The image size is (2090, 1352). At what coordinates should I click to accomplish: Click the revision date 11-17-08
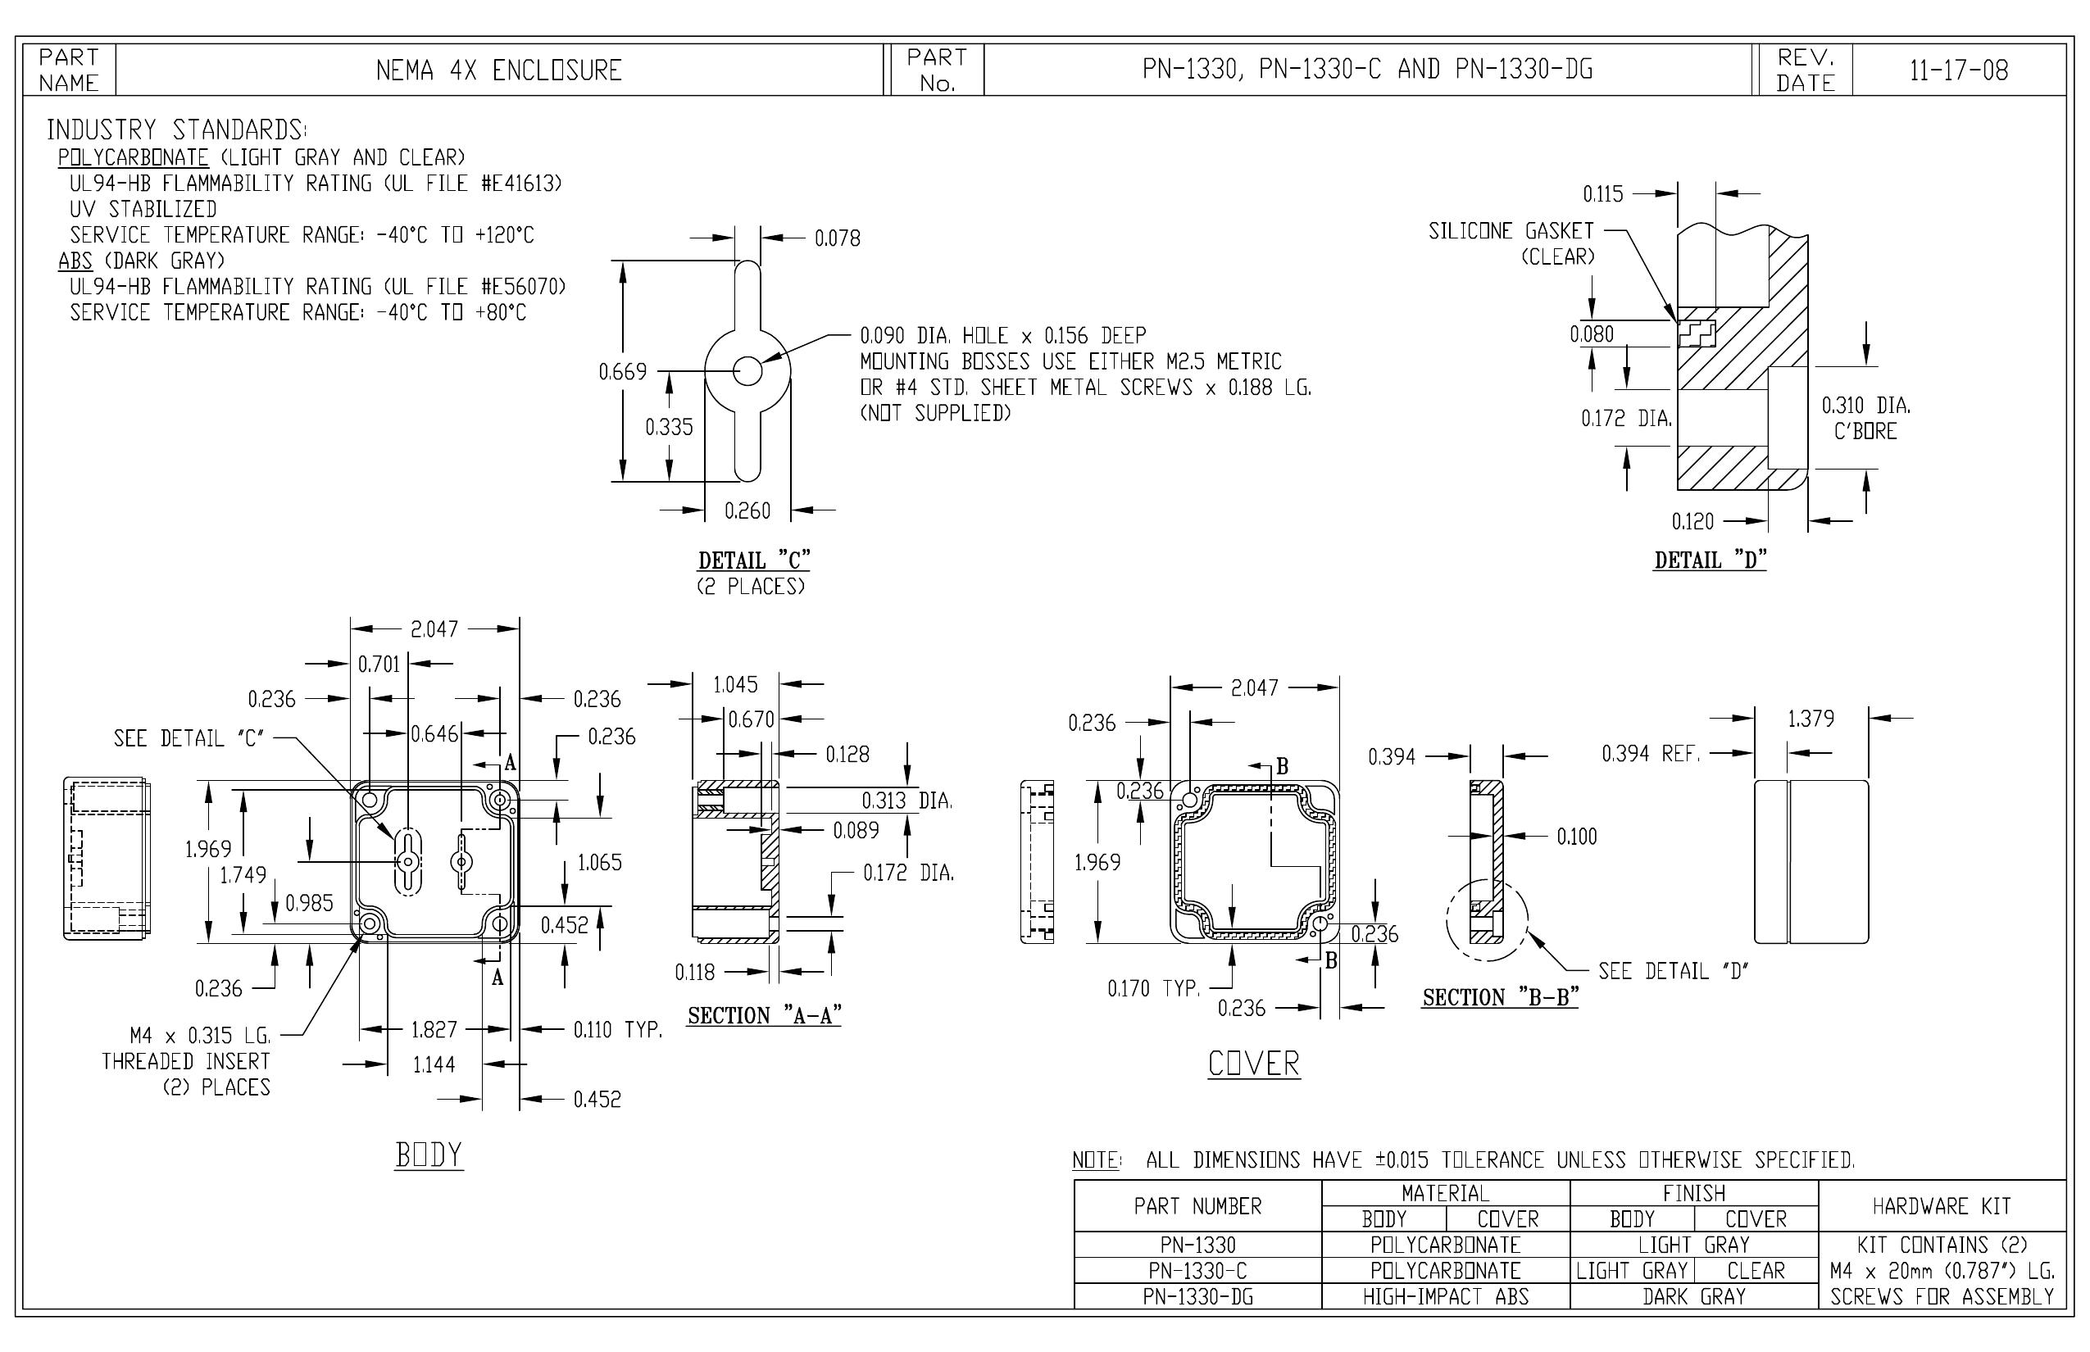click(x=1958, y=70)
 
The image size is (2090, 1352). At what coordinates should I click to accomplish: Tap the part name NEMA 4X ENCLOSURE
click(x=499, y=70)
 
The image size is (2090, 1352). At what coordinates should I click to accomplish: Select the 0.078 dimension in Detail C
click(x=838, y=238)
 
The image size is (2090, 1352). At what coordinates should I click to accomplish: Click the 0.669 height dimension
click(x=623, y=371)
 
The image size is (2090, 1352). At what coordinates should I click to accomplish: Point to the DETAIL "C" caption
click(x=754, y=560)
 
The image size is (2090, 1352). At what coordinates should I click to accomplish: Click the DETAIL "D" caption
click(x=1711, y=560)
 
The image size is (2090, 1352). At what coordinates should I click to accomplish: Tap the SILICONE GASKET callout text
click(x=1511, y=231)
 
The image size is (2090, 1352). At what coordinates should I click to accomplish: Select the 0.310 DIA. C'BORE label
click(x=1866, y=418)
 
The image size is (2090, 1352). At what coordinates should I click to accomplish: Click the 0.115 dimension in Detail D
click(x=1602, y=194)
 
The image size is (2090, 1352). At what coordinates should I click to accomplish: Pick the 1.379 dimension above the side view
click(x=1811, y=719)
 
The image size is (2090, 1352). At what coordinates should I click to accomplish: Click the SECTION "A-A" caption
click(x=765, y=1016)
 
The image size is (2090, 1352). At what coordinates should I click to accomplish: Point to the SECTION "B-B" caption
click(x=1501, y=997)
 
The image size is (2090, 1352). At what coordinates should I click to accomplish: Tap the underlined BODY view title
click(x=429, y=1155)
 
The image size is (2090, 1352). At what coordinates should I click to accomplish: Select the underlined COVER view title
click(x=1253, y=1064)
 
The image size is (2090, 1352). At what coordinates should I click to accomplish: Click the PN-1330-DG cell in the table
click(x=1197, y=1296)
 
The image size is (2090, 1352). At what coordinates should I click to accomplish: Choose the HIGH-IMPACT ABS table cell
click(x=1446, y=1296)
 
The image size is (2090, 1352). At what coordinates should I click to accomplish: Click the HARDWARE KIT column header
click(x=1942, y=1206)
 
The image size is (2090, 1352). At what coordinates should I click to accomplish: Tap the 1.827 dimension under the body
click(x=434, y=1029)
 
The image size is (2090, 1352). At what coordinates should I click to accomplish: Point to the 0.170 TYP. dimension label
click(x=1154, y=988)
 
